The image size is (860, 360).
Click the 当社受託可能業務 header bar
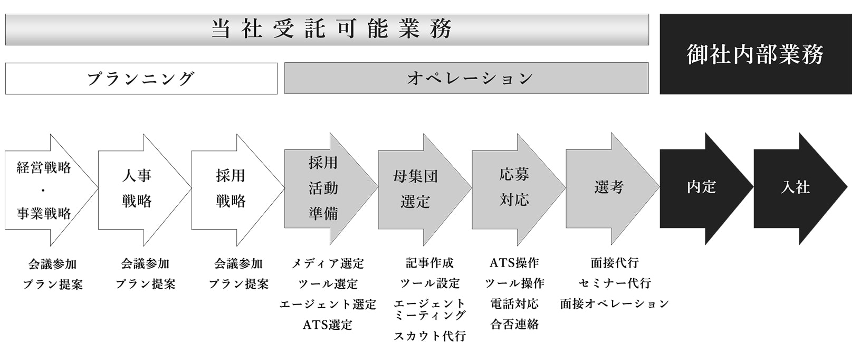coord(327,30)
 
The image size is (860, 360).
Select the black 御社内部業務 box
coord(755,54)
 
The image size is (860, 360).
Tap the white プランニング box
coord(141,79)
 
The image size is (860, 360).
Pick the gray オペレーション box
coord(466,79)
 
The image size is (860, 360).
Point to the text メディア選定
coord(328,263)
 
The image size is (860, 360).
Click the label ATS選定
coord(327,325)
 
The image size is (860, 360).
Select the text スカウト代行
coord(429,336)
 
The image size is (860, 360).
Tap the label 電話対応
coord(514,304)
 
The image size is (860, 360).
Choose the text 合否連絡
coord(514,324)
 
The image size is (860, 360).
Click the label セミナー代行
coord(614,283)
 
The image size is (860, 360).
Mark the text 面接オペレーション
coord(614,304)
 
